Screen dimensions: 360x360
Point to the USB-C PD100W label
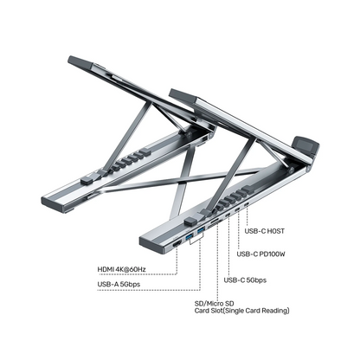pyautogui.click(x=261, y=255)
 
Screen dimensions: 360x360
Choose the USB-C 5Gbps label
pyautogui.click(x=246, y=280)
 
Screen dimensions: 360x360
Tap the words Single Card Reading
pyautogui.click(x=256, y=311)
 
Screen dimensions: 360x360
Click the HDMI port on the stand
pyautogui.click(x=177, y=245)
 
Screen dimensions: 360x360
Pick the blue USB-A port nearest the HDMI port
pyautogui.click(x=189, y=241)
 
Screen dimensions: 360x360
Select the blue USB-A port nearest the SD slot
pyautogui.click(x=196, y=237)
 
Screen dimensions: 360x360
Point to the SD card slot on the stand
pyautogui.click(x=213, y=228)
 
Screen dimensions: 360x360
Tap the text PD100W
pyautogui.click(x=273, y=255)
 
